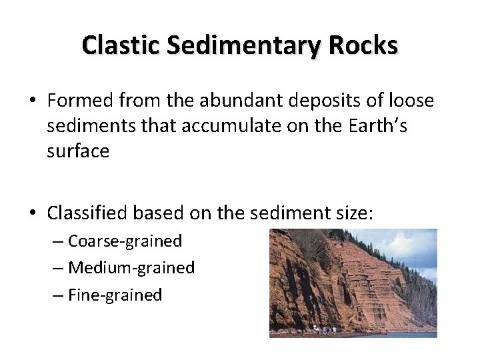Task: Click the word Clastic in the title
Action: (121, 45)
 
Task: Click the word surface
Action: (78, 151)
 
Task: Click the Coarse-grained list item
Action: (125, 241)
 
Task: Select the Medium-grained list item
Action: (131, 268)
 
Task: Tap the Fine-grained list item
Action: (115, 295)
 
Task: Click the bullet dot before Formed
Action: (33, 101)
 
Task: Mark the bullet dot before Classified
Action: (33, 213)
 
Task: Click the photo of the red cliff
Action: (353, 283)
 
